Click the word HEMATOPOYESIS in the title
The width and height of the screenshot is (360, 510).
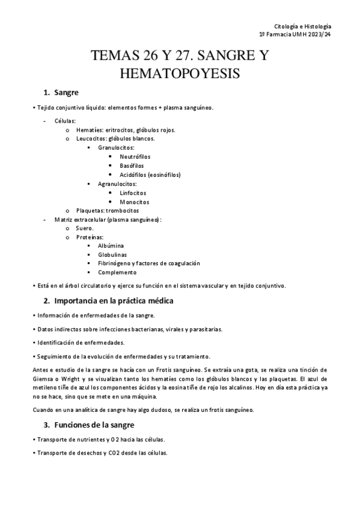click(180, 74)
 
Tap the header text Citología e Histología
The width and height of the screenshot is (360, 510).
click(302, 26)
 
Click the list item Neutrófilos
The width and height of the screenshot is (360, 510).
click(135, 156)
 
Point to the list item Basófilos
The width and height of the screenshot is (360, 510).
click(132, 165)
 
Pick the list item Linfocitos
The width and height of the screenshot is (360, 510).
click(133, 192)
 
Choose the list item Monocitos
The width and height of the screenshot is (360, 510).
click(134, 201)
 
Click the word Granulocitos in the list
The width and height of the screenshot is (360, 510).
click(116, 147)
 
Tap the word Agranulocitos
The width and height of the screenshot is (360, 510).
click(118, 183)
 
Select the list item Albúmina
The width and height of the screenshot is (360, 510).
click(111, 246)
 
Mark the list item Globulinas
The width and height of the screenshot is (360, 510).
click(112, 255)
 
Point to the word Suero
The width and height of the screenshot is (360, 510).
click(84, 229)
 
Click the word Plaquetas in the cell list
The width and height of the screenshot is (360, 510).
click(89, 210)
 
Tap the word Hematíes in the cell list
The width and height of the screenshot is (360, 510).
click(90, 129)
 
